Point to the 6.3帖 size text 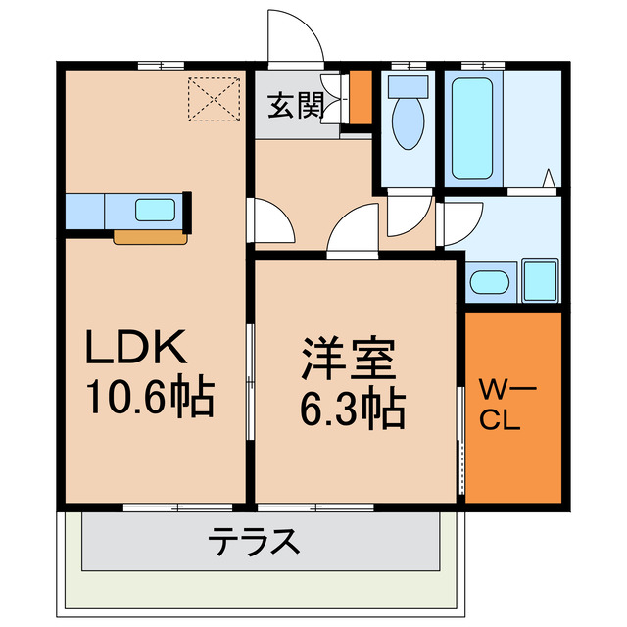tap(352, 409)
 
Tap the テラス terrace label tap(254, 540)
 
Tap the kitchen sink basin tap(154, 210)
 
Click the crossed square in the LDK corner tap(215, 97)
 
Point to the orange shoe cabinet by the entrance tap(361, 98)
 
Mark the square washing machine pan tap(540, 280)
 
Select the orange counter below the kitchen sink tap(150, 236)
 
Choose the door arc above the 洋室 tap(353, 231)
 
